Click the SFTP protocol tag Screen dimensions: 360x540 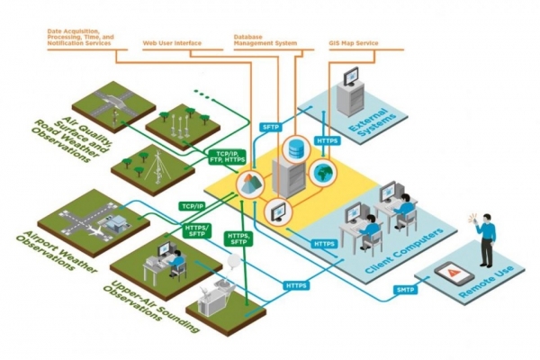tap(271, 127)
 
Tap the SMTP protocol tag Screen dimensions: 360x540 tap(405, 289)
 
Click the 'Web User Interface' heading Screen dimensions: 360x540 tap(171, 42)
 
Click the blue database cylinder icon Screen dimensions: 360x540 tap(294, 148)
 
